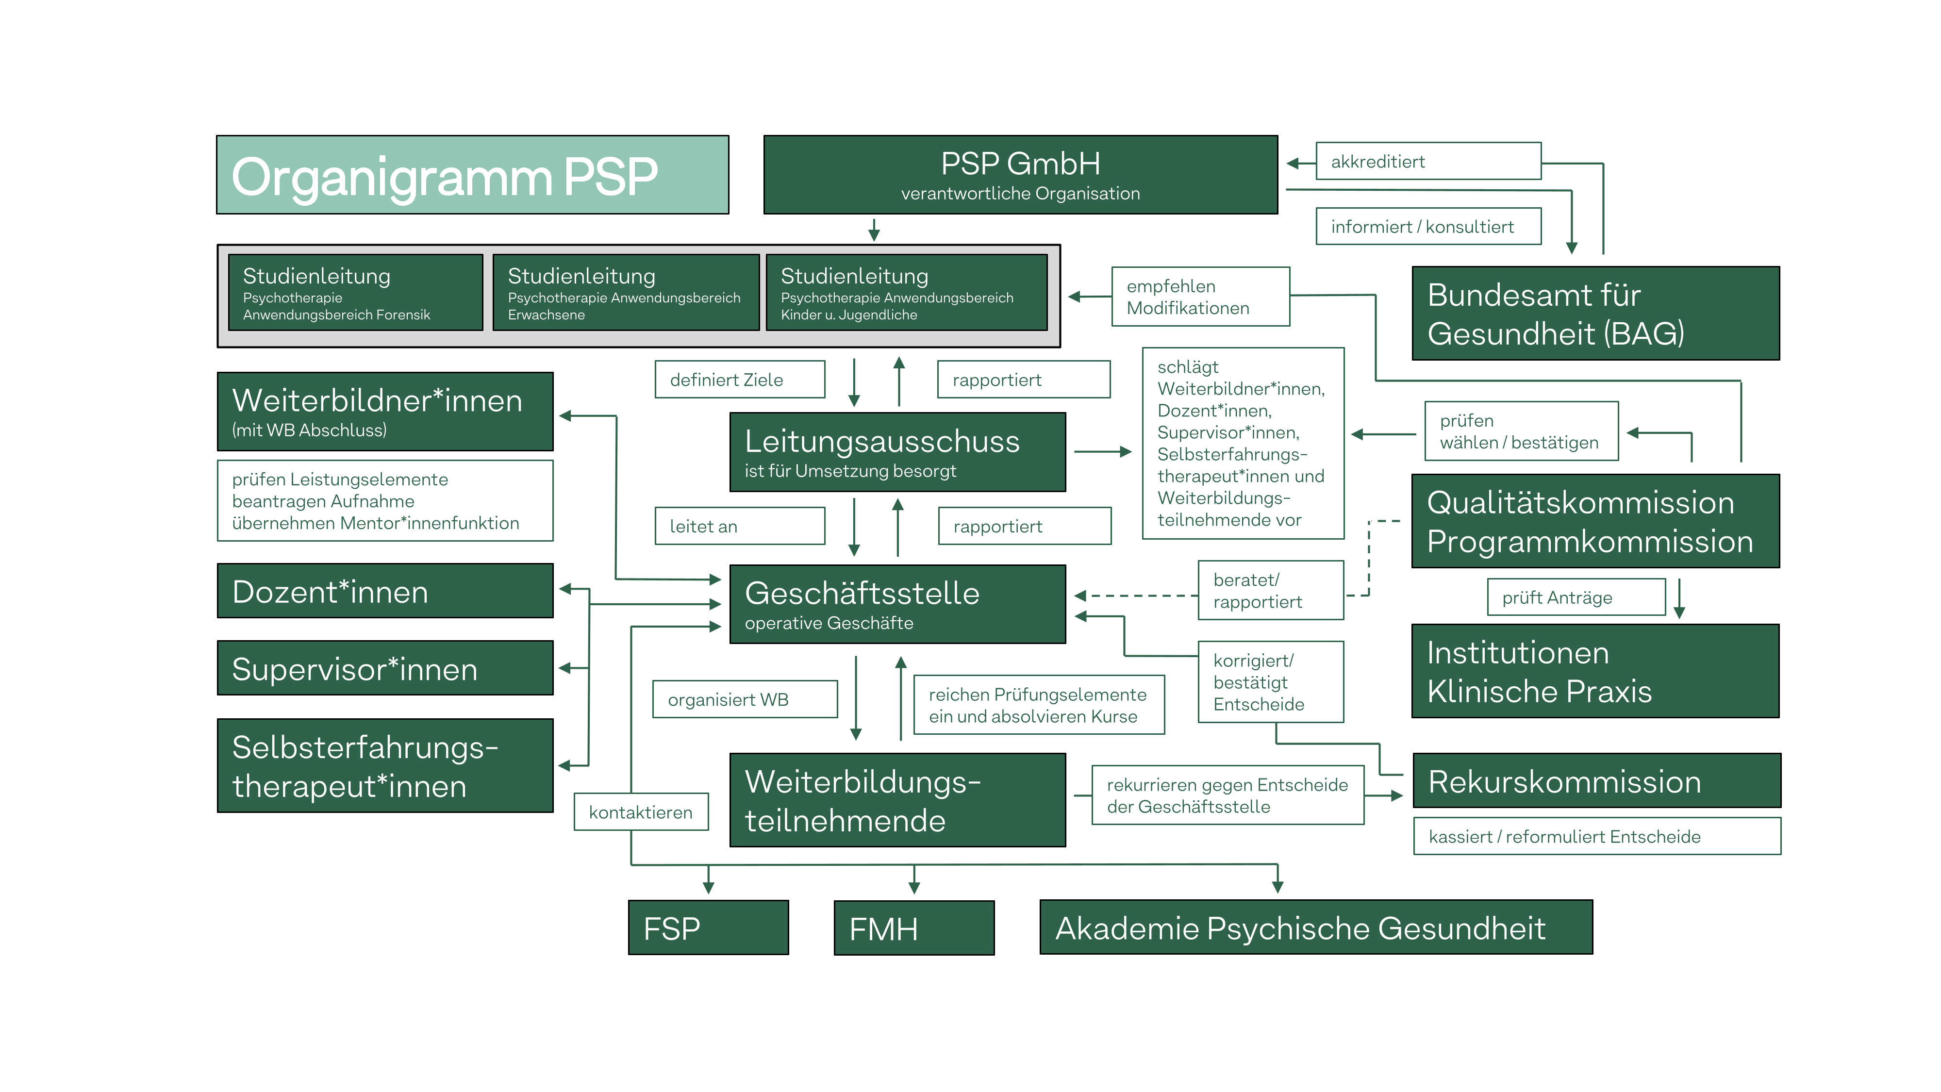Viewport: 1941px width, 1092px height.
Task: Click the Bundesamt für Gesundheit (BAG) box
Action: click(1595, 314)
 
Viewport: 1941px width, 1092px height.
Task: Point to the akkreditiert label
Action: click(1428, 161)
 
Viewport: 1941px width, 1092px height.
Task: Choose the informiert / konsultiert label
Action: click(1428, 226)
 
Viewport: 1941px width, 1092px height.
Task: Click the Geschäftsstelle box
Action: click(897, 604)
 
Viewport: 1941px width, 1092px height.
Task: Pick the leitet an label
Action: click(739, 526)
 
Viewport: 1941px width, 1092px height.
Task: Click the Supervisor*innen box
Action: click(385, 668)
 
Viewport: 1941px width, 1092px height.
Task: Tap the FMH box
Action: click(914, 927)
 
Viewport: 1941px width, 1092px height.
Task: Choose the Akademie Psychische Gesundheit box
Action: click(1316, 927)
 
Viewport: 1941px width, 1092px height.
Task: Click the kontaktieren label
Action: click(641, 811)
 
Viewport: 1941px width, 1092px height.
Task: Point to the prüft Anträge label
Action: click(1576, 597)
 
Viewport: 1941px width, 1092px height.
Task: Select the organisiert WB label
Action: click(745, 699)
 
